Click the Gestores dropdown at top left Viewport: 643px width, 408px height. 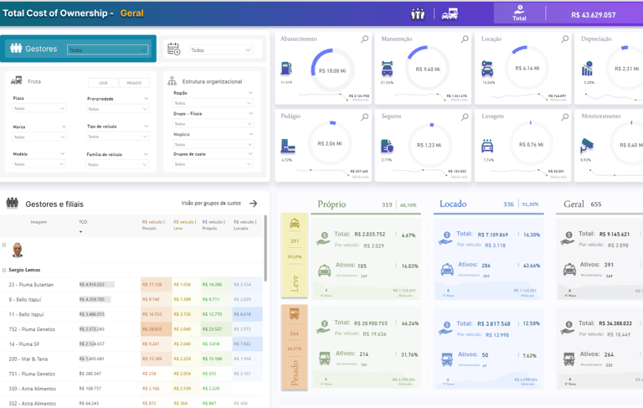point(107,49)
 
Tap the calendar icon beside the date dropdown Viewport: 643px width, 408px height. point(173,49)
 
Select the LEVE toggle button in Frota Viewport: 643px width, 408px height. point(103,83)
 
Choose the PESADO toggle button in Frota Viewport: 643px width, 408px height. point(134,83)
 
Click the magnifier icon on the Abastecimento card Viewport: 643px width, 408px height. point(364,39)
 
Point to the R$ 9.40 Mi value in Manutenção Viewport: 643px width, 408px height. point(425,70)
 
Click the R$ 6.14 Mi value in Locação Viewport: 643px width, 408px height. point(528,69)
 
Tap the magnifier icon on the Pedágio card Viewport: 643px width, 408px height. point(364,117)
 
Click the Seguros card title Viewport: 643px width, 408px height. point(391,116)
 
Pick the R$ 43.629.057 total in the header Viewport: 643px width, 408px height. point(593,15)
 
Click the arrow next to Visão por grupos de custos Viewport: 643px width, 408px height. point(254,204)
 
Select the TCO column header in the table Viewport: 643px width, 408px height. point(83,222)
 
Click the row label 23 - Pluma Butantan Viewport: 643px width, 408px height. point(31,285)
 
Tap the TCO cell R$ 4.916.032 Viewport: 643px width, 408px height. point(91,285)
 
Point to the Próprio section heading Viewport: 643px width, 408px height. point(332,204)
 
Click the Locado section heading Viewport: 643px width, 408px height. point(453,204)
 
